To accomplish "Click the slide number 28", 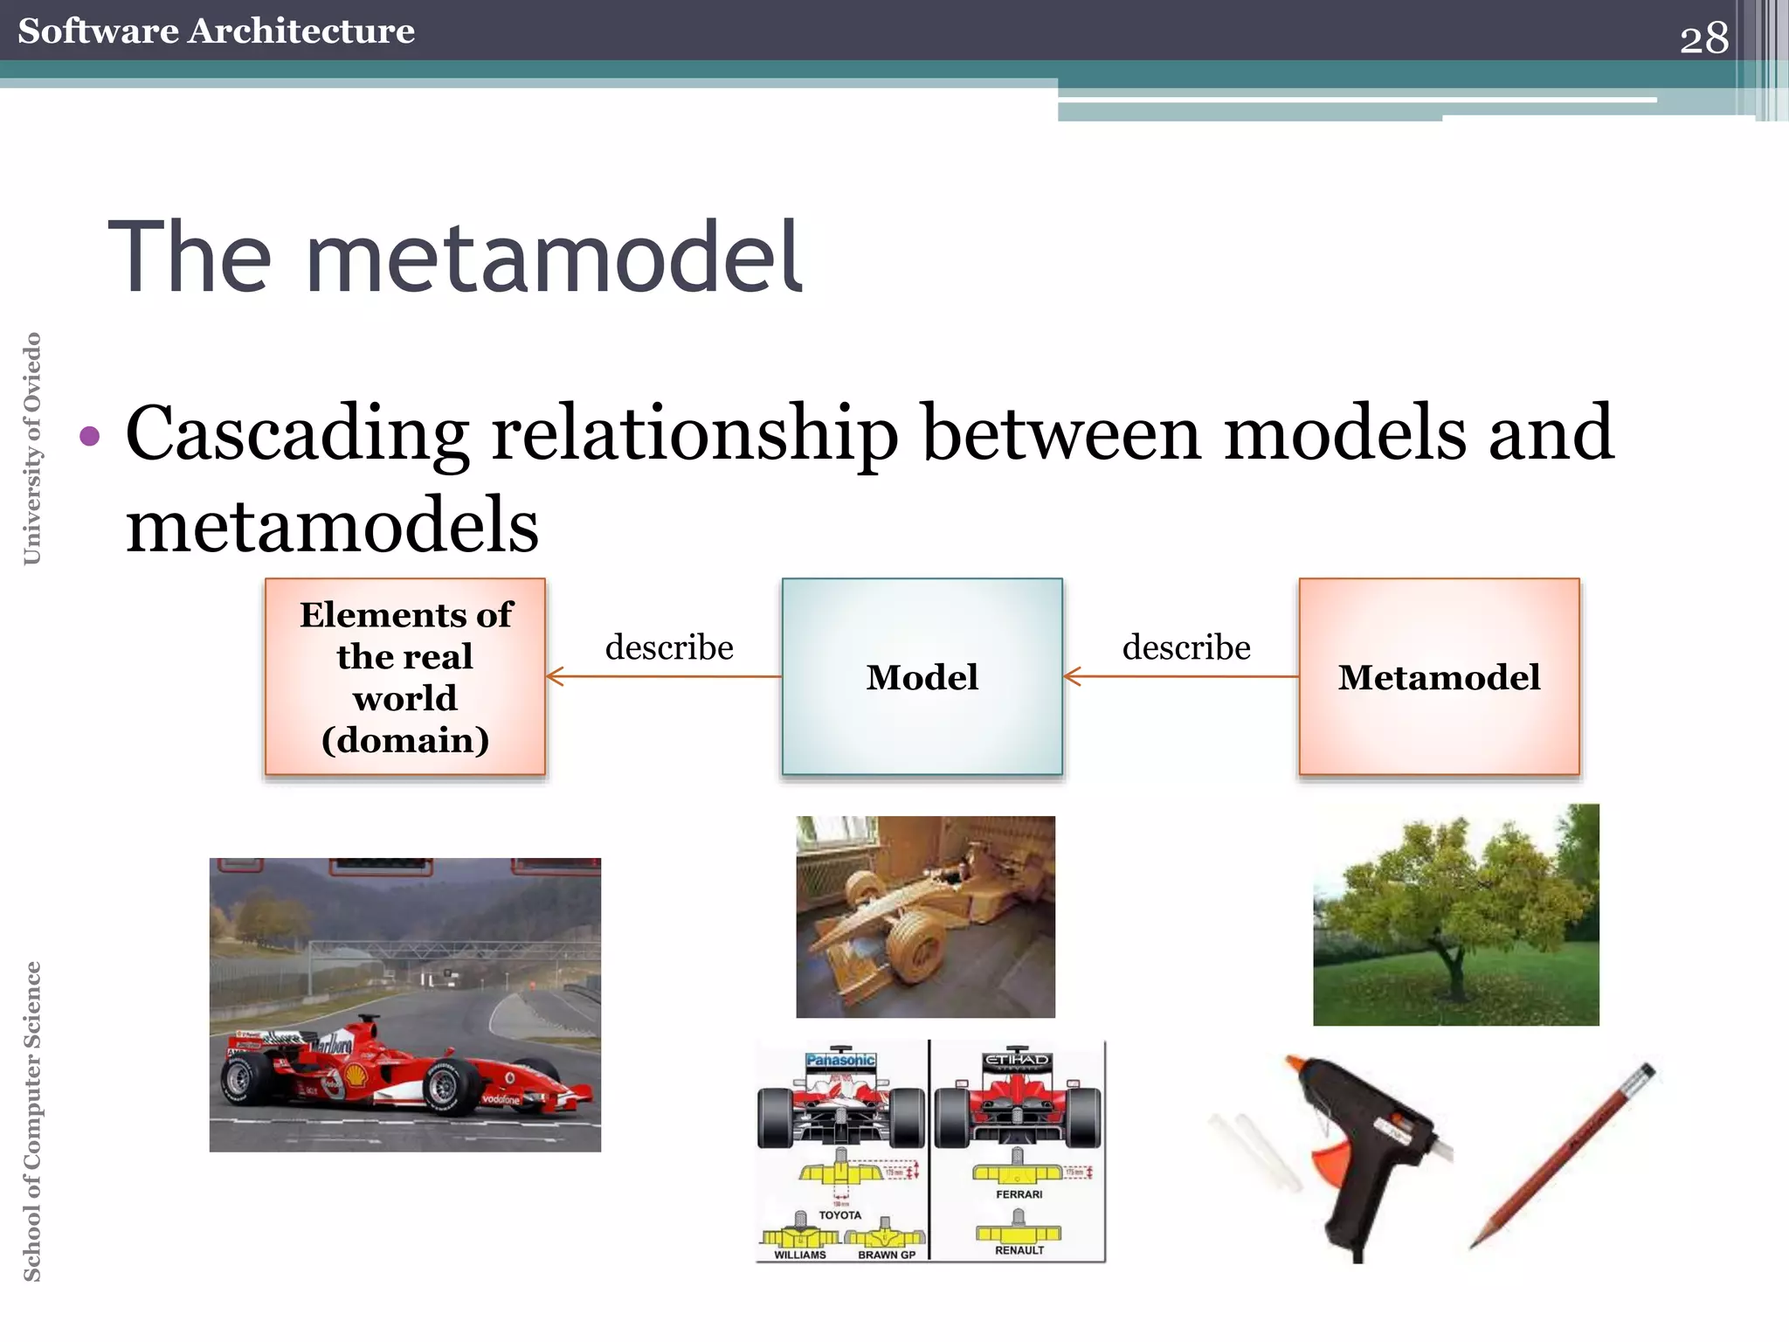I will (x=1703, y=38).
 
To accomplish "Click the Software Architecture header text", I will (x=216, y=31).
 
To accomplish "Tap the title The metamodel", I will (x=454, y=258).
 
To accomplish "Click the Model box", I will (x=922, y=676).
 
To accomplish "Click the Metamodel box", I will (x=1439, y=676).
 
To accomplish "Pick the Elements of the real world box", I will (x=405, y=676).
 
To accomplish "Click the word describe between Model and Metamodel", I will (x=1186, y=647).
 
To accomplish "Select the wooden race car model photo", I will (x=924, y=917).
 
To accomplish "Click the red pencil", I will (x=1564, y=1153).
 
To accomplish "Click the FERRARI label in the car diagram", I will (x=1019, y=1194).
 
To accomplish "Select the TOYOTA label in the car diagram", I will (x=839, y=1215).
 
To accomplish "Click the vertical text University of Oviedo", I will (x=32, y=448).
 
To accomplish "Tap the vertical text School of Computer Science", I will (x=32, y=1121).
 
